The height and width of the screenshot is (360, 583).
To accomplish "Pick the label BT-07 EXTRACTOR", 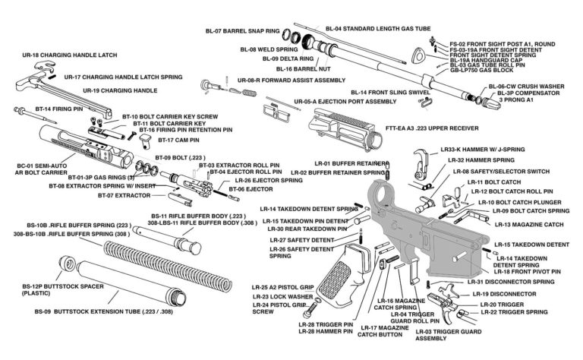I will pyautogui.click(x=124, y=195).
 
